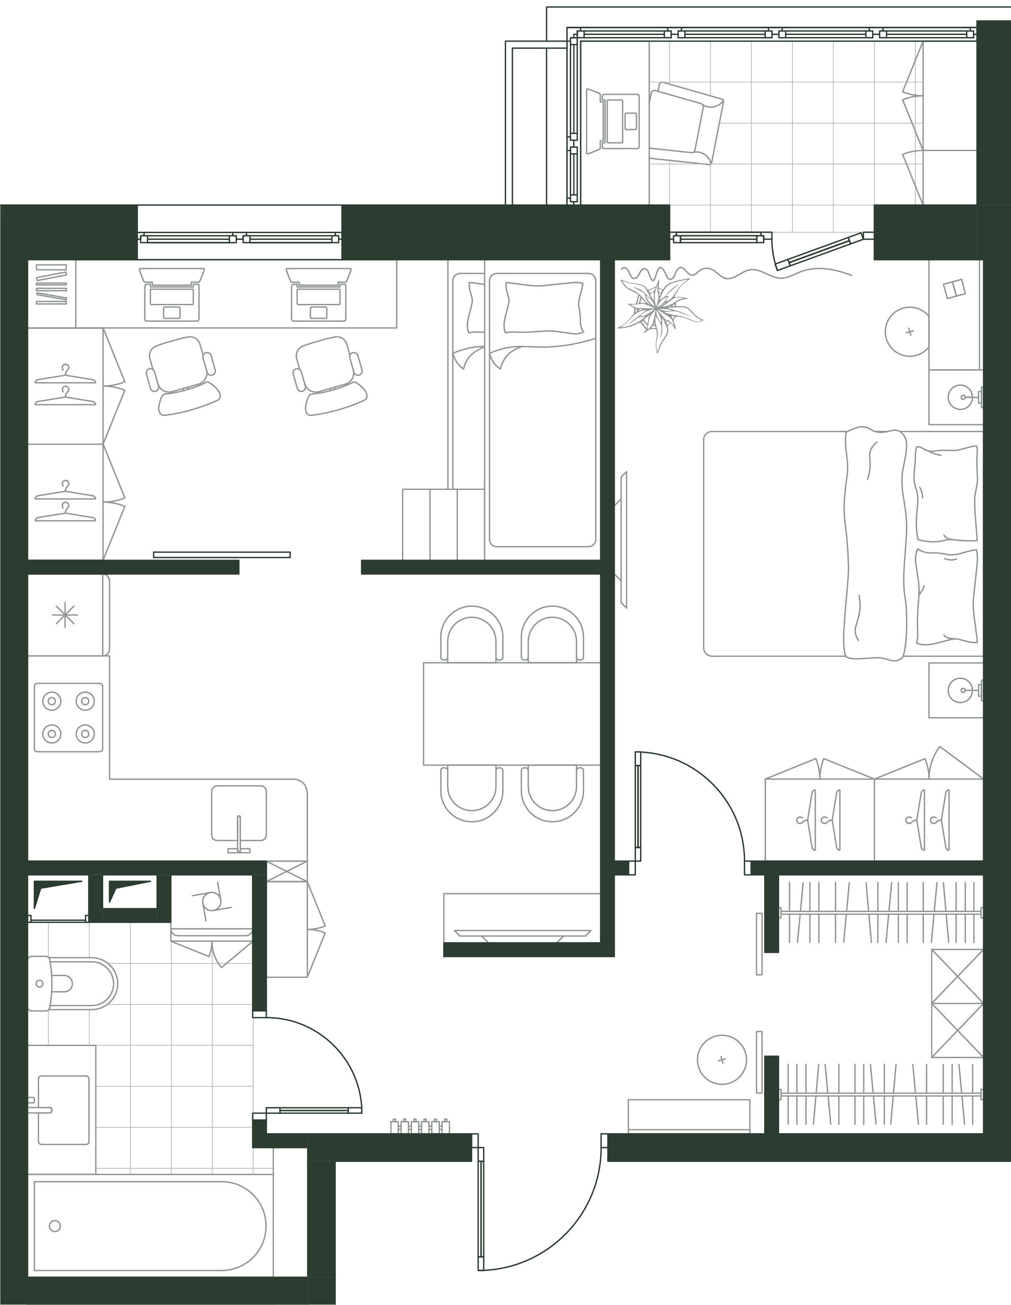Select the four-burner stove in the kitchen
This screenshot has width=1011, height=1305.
pyautogui.click(x=69, y=717)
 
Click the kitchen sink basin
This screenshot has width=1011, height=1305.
pyautogui.click(x=239, y=813)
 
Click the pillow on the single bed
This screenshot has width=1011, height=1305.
pyautogui.click(x=543, y=307)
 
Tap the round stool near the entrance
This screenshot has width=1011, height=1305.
pyautogui.click(x=722, y=1059)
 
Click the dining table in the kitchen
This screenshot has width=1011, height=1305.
pyautogui.click(x=511, y=713)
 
